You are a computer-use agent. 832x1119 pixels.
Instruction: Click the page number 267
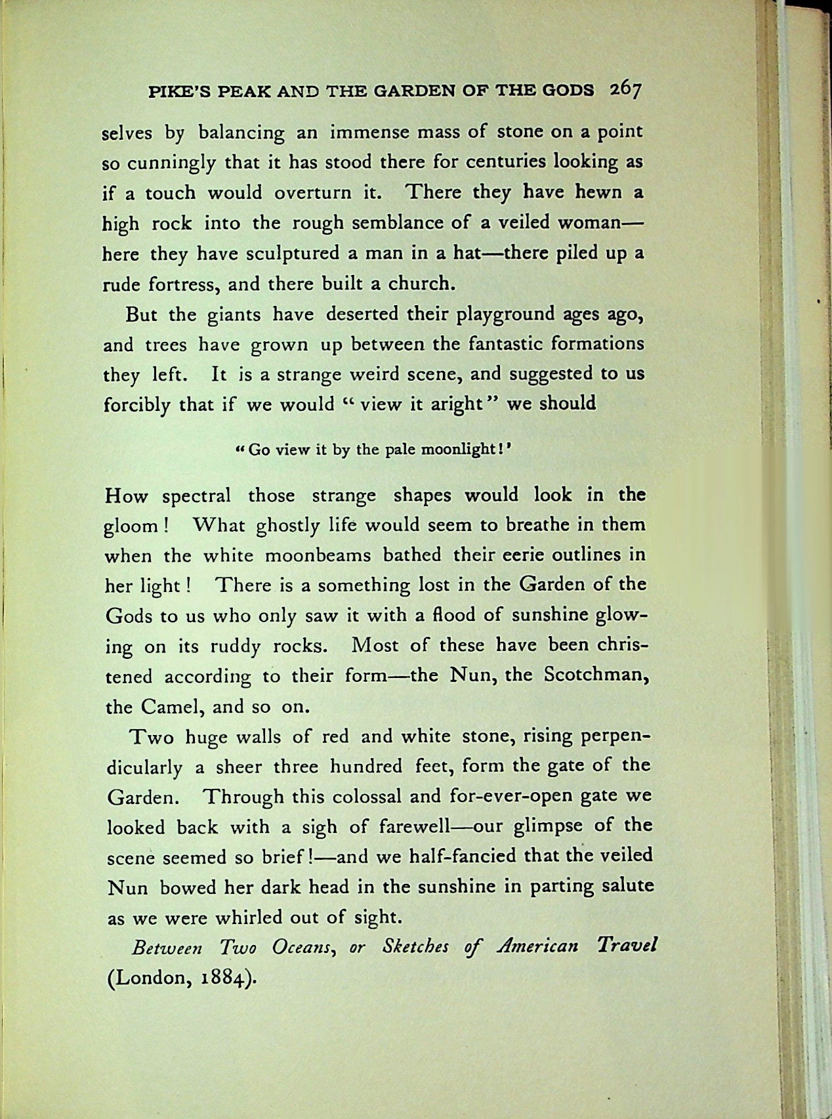click(624, 90)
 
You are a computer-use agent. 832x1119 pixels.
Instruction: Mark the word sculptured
click(293, 254)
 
